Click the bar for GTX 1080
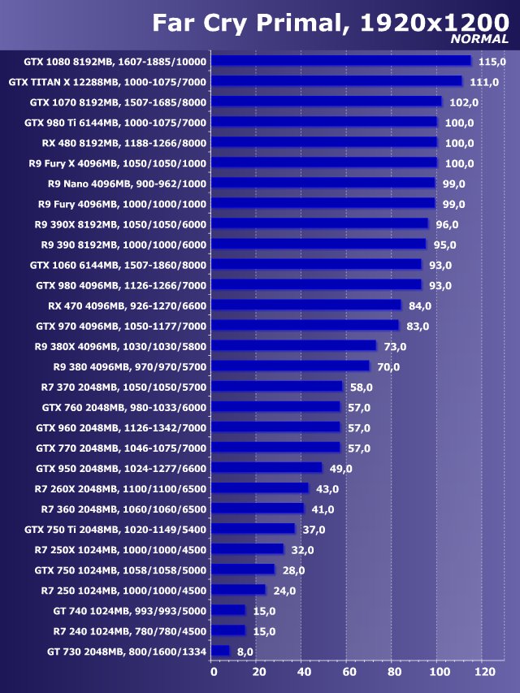click(341, 61)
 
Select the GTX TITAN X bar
click(336, 81)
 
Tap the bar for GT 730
click(220, 651)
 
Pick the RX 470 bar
click(306, 305)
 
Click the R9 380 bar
click(290, 366)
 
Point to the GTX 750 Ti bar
click(253, 529)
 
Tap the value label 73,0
click(395, 347)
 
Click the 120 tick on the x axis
click(484, 672)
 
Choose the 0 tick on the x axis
click(214, 672)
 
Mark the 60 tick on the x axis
click(349, 672)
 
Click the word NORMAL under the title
click(479, 38)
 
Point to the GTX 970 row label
click(121, 326)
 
